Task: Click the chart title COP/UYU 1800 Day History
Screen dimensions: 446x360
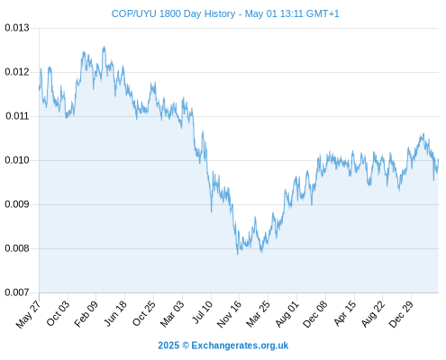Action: [x=173, y=13]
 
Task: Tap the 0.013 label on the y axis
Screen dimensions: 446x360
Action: [x=17, y=28]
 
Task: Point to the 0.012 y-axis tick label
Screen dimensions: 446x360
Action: [x=17, y=72]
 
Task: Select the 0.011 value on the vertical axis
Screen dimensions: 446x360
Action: [x=17, y=116]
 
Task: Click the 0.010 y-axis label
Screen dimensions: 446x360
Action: [x=17, y=160]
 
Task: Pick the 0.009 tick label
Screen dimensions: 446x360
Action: [x=17, y=204]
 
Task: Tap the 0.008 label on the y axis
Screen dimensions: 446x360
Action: [x=17, y=248]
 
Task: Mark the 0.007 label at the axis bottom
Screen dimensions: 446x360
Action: [x=17, y=292]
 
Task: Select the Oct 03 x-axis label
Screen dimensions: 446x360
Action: [x=58, y=313]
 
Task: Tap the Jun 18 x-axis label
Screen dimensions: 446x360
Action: [x=115, y=313]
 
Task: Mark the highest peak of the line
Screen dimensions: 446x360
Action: [x=105, y=47]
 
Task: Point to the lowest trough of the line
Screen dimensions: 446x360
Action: [x=238, y=255]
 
